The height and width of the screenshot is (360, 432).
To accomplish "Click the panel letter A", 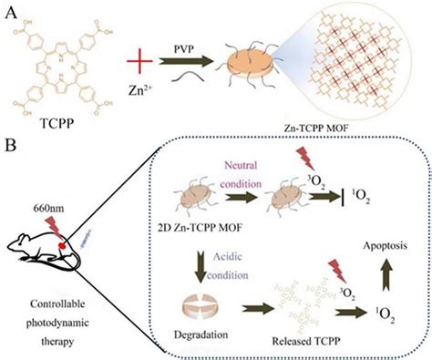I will [9, 11].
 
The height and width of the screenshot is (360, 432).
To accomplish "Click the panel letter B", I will [9, 144].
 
